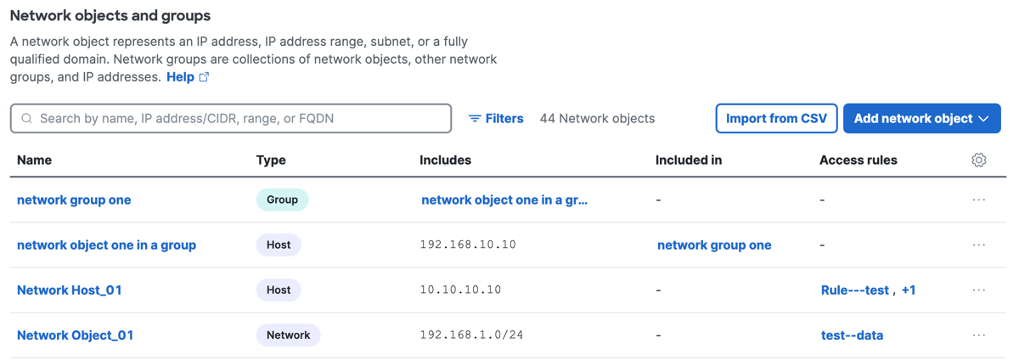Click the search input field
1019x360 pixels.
coord(231,118)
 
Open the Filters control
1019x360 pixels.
coord(496,118)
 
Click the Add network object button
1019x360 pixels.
coord(921,118)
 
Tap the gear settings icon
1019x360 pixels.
coord(979,160)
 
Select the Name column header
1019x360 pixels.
coord(35,160)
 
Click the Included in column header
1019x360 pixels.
coord(689,160)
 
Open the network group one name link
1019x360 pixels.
coord(74,200)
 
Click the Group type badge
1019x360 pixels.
coord(282,200)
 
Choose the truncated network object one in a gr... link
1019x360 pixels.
coord(504,200)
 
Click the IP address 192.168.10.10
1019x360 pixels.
coord(468,245)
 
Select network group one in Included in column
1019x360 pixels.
coord(714,245)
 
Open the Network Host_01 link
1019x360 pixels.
coord(70,290)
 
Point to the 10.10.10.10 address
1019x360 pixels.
coord(460,290)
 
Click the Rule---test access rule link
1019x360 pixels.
coord(855,290)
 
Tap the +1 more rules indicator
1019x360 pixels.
coord(909,290)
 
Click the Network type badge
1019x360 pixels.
coord(289,335)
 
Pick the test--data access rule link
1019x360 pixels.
coord(852,335)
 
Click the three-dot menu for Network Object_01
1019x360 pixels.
coord(979,335)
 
